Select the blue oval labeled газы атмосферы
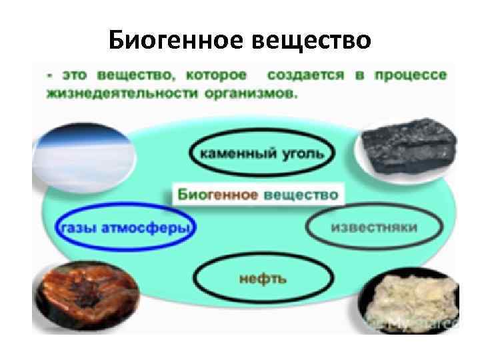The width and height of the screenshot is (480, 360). click(125, 228)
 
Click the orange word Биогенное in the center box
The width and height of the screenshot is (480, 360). click(217, 195)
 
